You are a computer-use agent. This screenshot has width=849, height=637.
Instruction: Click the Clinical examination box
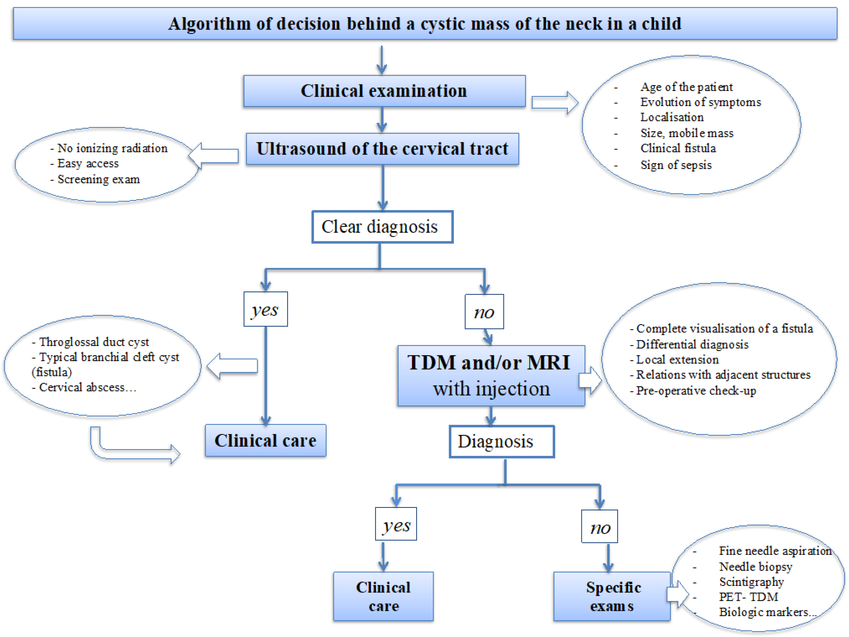[384, 91]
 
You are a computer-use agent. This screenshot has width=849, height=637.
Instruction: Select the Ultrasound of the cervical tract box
[382, 149]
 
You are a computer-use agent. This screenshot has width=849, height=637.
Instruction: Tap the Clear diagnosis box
[382, 227]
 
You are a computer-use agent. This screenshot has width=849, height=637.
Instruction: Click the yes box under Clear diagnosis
[266, 309]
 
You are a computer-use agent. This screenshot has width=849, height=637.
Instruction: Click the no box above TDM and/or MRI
[484, 312]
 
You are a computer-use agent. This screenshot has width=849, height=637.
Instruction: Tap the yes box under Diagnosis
[396, 524]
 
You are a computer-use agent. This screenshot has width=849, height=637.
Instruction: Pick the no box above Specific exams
[599, 526]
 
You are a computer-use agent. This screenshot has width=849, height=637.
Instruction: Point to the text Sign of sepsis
[675, 165]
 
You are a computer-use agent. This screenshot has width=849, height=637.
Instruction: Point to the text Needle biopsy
[755, 566]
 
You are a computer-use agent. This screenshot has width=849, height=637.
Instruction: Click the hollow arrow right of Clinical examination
[555, 102]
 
